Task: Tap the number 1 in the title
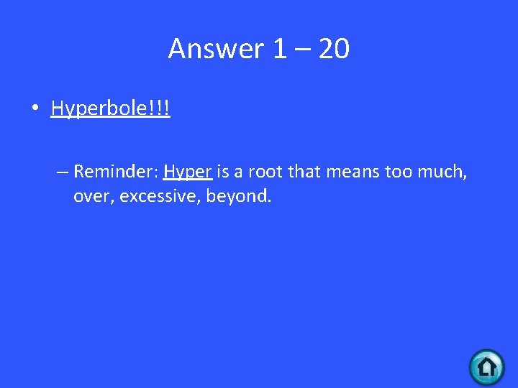coord(279,49)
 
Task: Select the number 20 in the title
coord(334,49)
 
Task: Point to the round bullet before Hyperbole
coord(35,109)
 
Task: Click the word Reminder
coord(115,172)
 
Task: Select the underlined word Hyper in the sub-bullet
coord(187,172)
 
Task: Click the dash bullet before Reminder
coord(62,172)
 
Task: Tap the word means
coord(350,172)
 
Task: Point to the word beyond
coord(238,196)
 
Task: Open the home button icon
coord(486,367)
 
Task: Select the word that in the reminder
coord(305,172)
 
